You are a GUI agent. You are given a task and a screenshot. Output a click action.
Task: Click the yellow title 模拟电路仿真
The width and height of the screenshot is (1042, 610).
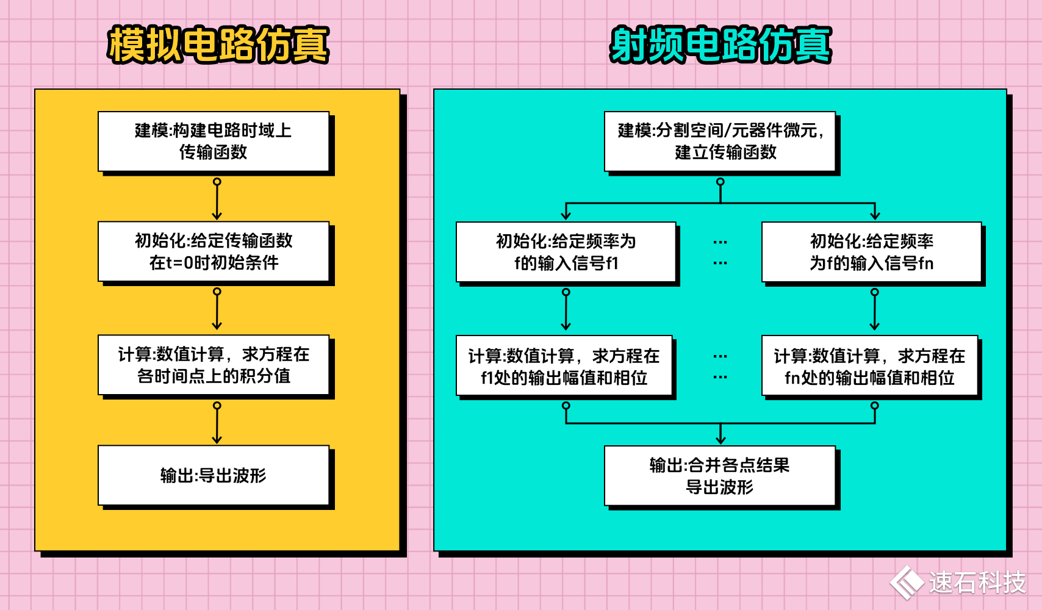[x=218, y=45]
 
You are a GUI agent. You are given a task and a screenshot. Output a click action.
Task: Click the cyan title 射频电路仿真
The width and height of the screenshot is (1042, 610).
[x=720, y=45]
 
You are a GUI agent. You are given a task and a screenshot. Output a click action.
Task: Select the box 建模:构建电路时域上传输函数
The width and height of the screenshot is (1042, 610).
[x=214, y=141]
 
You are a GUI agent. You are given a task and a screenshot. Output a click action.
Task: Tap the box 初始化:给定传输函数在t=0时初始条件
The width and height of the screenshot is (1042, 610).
[x=214, y=251]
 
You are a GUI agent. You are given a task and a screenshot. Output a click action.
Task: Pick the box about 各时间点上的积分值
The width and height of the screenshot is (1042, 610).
[x=214, y=365]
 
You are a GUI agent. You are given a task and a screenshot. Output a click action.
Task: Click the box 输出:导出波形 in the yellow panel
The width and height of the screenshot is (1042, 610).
[x=214, y=475]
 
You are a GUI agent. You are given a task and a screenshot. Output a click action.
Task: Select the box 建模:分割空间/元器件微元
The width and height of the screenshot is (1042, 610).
[x=720, y=141]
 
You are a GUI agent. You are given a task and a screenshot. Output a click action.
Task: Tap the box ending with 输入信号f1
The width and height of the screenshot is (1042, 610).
[x=566, y=252]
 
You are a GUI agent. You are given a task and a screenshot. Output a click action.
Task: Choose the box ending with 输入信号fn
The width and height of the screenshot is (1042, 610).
[x=871, y=252]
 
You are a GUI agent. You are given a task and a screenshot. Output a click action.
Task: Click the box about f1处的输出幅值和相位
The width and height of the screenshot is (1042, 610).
[x=564, y=366]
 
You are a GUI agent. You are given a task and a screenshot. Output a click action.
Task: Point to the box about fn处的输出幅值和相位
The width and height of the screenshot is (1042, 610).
[x=869, y=366]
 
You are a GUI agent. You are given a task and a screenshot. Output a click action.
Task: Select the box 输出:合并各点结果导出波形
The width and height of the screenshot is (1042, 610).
[x=720, y=476]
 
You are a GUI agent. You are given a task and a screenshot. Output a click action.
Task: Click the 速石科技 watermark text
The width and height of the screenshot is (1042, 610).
[x=977, y=583]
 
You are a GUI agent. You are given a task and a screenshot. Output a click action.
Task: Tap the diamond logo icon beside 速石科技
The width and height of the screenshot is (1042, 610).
[x=907, y=583]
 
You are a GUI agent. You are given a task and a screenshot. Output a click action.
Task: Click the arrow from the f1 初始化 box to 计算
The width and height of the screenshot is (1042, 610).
[x=566, y=310]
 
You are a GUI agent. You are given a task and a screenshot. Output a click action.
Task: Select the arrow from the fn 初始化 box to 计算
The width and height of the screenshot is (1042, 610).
[x=874, y=310]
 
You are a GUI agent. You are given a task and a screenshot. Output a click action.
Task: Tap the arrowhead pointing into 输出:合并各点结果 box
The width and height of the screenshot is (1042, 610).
[x=720, y=438]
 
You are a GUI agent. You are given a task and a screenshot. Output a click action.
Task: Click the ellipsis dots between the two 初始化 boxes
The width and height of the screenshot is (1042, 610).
[x=720, y=253]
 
